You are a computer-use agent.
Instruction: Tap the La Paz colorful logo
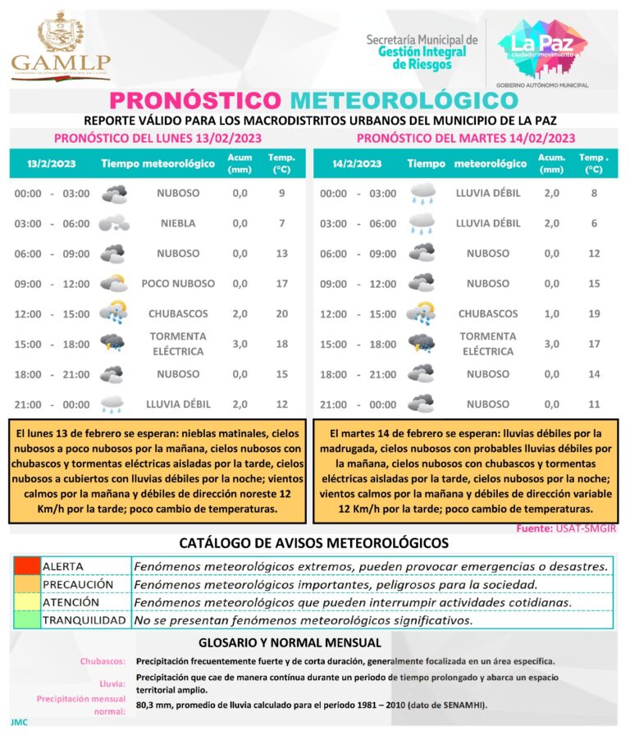542,48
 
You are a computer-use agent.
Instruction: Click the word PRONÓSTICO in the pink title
194,100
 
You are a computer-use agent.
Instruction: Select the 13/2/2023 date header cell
51,163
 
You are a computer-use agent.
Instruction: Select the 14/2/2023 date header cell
357,163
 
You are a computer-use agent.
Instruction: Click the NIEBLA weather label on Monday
178,223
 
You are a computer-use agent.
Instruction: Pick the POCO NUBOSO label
178,284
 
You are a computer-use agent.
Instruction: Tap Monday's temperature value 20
281,313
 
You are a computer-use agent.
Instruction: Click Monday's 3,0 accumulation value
240,344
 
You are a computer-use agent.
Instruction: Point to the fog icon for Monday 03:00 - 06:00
113,223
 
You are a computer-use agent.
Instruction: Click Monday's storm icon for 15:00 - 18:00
112,343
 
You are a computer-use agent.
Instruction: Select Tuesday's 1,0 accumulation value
551,313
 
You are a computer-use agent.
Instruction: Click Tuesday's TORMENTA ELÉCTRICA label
487,344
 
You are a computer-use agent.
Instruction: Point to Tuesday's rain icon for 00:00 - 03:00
422,194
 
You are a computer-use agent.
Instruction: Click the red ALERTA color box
26,566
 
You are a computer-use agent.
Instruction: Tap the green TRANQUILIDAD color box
26,620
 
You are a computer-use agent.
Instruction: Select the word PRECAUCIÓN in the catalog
78,584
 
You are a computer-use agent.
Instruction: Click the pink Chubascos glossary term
103,660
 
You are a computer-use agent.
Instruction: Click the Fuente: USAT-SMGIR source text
565,529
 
